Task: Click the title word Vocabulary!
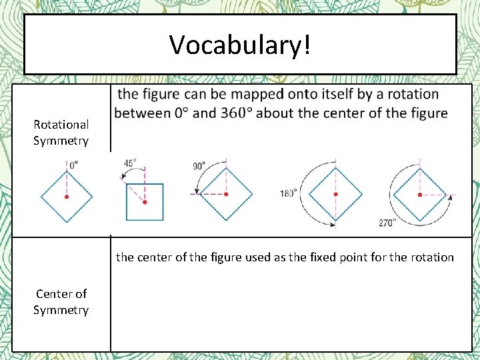pyautogui.click(x=239, y=45)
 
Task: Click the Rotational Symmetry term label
pyautogui.click(x=61, y=132)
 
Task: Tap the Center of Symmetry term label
pyautogui.click(x=61, y=301)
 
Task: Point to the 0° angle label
pyautogui.click(x=73, y=163)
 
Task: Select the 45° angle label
pyautogui.click(x=130, y=163)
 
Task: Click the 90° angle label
pyautogui.click(x=199, y=165)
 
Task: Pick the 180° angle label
pyautogui.click(x=288, y=194)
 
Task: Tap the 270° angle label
pyautogui.click(x=387, y=223)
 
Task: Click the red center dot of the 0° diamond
pyautogui.click(x=67, y=197)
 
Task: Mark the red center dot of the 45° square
pyautogui.click(x=145, y=201)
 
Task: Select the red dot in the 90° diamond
pyautogui.click(x=227, y=194)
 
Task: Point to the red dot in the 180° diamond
pyautogui.click(x=336, y=194)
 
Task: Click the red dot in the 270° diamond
pyautogui.click(x=419, y=195)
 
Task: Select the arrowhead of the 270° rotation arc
pyautogui.click(x=451, y=197)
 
